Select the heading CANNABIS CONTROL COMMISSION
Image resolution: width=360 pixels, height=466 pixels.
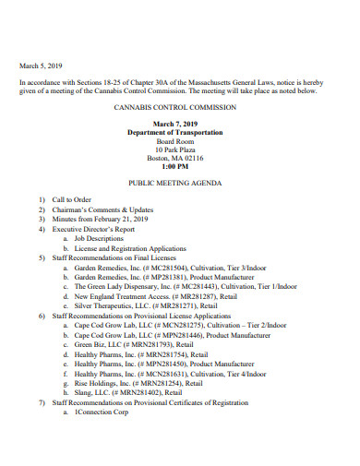click(x=180, y=107)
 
